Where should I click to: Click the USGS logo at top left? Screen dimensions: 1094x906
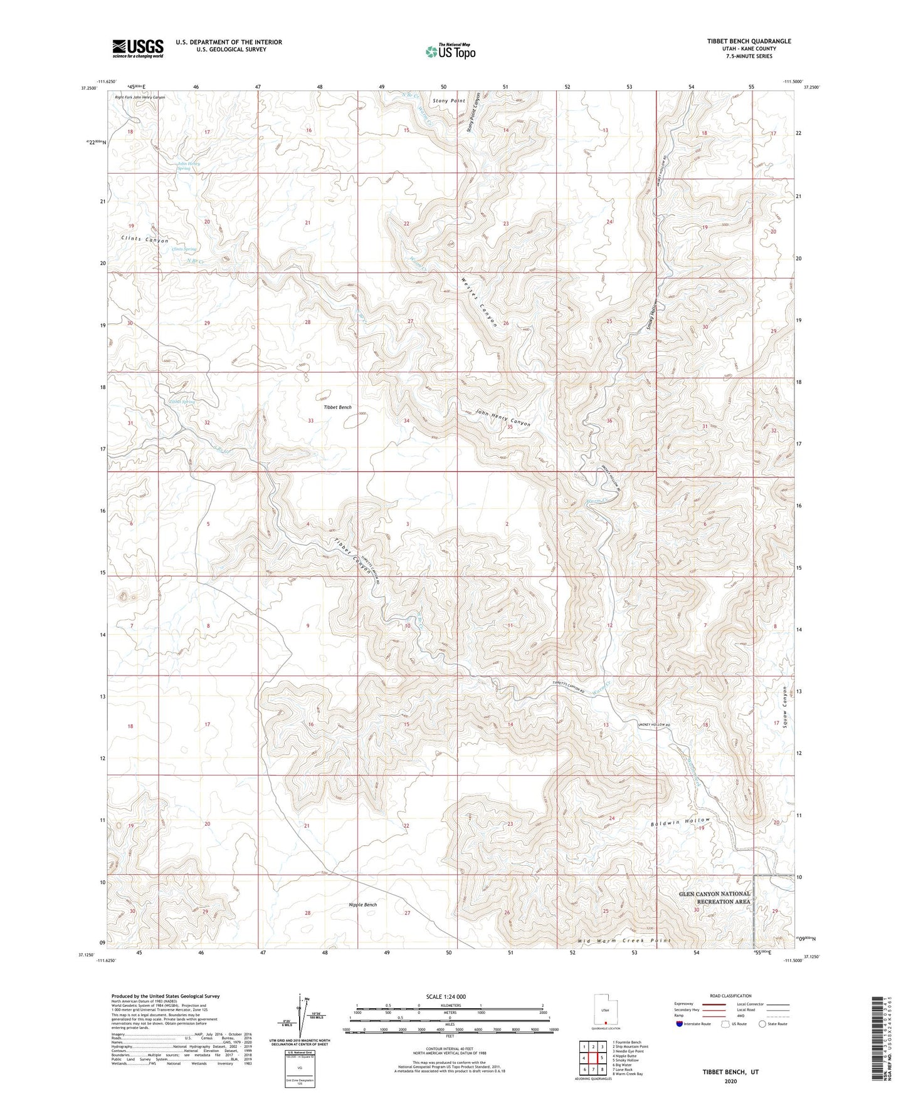(x=138, y=48)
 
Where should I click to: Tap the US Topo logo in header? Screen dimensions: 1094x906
(x=450, y=51)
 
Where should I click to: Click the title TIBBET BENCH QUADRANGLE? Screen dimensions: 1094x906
(x=749, y=41)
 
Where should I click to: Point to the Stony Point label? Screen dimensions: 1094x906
(x=449, y=100)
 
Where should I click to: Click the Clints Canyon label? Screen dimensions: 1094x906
(x=145, y=240)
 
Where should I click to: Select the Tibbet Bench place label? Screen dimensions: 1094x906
(x=337, y=407)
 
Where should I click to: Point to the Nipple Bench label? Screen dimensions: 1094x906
(x=363, y=905)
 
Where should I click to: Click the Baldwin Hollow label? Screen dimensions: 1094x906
(x=680, y=821)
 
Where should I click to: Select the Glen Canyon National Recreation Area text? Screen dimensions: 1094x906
(x=714, y=897)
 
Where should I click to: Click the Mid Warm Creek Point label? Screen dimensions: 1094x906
(x=624, y=940)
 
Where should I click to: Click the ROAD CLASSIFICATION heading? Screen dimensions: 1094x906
(x=730, y=996)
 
